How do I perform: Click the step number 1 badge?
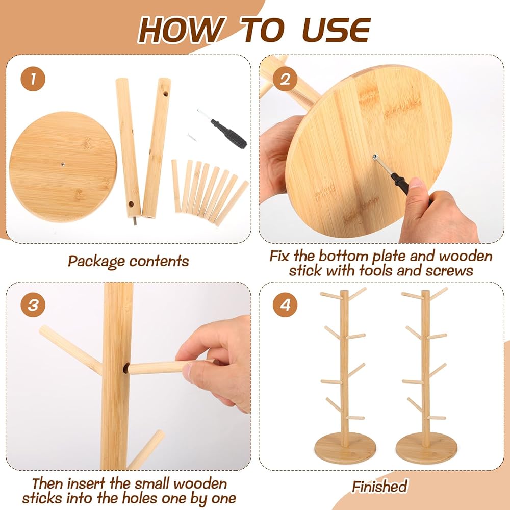[x=33, y=79]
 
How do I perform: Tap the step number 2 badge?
[x=285, y=79]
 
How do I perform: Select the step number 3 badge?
[x=33, y=305]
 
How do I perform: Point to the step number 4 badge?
[x=285, y=305]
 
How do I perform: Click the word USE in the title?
[x=336, y=30]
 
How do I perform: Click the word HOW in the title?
[x=181, y=30]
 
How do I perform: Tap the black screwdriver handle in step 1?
[x=228, y=133]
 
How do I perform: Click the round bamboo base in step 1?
[x=63, y=167]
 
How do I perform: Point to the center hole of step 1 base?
[x=63, y=165]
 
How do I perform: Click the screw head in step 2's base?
[x=375, y=157]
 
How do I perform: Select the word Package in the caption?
[x=96, y=261]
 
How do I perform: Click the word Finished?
[x=379, y=487]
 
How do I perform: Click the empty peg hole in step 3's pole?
[x=126, y=368]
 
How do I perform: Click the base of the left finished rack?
[x=345, y=448]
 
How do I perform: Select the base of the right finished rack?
[x=426, y=448]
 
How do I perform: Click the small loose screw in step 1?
[x=192, y=137]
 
